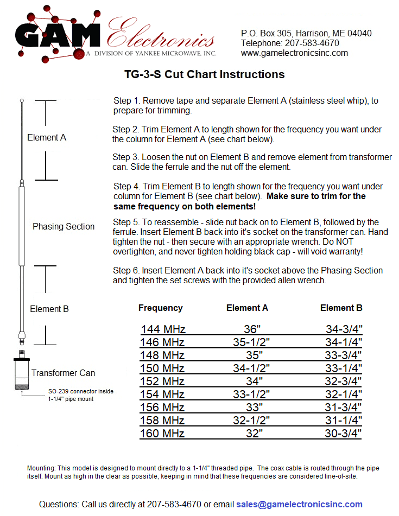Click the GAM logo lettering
[57, 35]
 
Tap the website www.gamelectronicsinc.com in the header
[294, 53]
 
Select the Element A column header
[247, 308]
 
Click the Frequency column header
[160, 308]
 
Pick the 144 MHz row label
[163, 329]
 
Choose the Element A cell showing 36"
[253, 329]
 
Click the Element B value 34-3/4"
[344, 329]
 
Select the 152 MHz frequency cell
[163, 381]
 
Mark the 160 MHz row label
[163, 434]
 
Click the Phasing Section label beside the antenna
[64, 227]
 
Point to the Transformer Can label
[63, 373]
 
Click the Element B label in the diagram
[49, 309]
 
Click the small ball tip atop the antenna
[22, 100]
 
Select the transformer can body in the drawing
[21, 374]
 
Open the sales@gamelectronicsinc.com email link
[299, 505]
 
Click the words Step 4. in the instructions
[127, 187]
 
